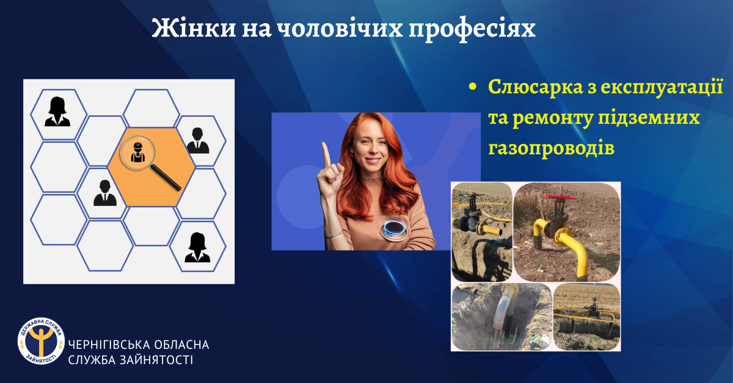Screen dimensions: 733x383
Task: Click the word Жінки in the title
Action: (194, 27)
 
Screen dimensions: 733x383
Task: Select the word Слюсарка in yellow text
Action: (535, 87)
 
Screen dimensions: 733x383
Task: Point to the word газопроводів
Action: (552, 148)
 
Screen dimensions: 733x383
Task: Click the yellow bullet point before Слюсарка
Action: (473, 87)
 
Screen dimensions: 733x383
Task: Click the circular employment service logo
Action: (42, 341)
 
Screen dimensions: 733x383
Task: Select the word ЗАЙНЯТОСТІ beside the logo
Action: (156, 360)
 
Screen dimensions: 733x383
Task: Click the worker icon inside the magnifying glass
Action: (138, 152)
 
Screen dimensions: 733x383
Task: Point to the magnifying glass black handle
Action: (166, 177)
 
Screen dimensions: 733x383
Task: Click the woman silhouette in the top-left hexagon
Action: (57, 112)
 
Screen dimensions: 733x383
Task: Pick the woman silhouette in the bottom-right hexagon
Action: (197, 248)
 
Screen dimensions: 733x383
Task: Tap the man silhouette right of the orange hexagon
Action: (198, 140)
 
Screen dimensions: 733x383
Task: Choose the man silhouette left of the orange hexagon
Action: (105, 193)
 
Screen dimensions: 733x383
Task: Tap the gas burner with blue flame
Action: (395, 229)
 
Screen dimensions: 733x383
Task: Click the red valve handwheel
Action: (560, 197)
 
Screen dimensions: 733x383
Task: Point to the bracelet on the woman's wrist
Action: (334, 235)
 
